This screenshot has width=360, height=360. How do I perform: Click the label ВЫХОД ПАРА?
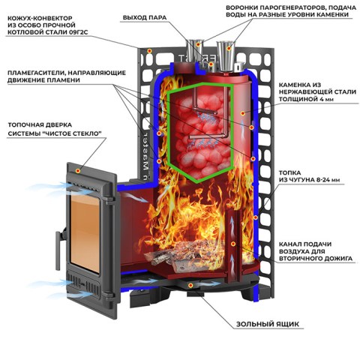pyautogui.click(x=145, y=18)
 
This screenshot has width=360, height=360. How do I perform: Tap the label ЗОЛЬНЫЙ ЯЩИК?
pyautogui.click(x=268, y=324)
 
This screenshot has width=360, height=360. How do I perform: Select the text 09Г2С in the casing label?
pyautogui.click(x=78, y=32)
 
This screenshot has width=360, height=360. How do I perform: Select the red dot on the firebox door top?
pyautogui.click(x=78, y=171)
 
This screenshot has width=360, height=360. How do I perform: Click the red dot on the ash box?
pyautogui.click(x=190, y=285)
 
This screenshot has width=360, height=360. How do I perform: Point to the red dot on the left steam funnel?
pyautogui.click(x=198, y=44)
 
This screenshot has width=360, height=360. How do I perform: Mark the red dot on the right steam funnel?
pyautogui.click(x=229, y=48)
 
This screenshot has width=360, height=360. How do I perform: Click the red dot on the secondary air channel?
pyautogui.click(x=233, y=244)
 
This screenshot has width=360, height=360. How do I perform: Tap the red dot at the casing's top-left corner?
pyautogui.click(x=149, y=51)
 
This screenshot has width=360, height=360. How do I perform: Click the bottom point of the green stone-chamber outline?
pyautogui.click(x=197, y=182)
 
